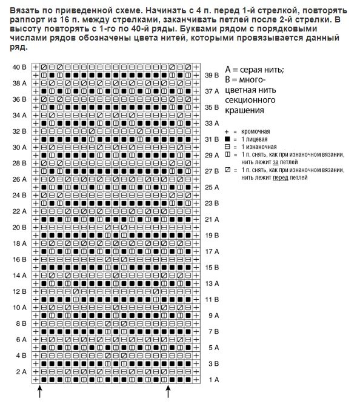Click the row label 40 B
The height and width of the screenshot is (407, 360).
pos(19,67)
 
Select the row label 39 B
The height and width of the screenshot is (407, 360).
pos(212,75)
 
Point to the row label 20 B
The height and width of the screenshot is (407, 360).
pos(19,227)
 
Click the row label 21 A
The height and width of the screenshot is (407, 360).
pos(212,219)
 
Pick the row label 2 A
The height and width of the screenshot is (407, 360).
pos(19,371)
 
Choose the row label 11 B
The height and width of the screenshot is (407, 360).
pos(212,299)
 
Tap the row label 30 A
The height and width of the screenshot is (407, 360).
pos(19,147)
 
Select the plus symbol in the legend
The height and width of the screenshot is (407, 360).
pos(227,131)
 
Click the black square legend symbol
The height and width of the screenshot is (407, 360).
pos(227,139)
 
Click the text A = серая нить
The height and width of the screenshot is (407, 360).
pos(254,70)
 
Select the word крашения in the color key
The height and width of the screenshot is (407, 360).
pos(244,110)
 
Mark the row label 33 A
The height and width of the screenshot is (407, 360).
pos(212,123)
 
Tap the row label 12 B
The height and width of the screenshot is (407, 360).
pos(19,291)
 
